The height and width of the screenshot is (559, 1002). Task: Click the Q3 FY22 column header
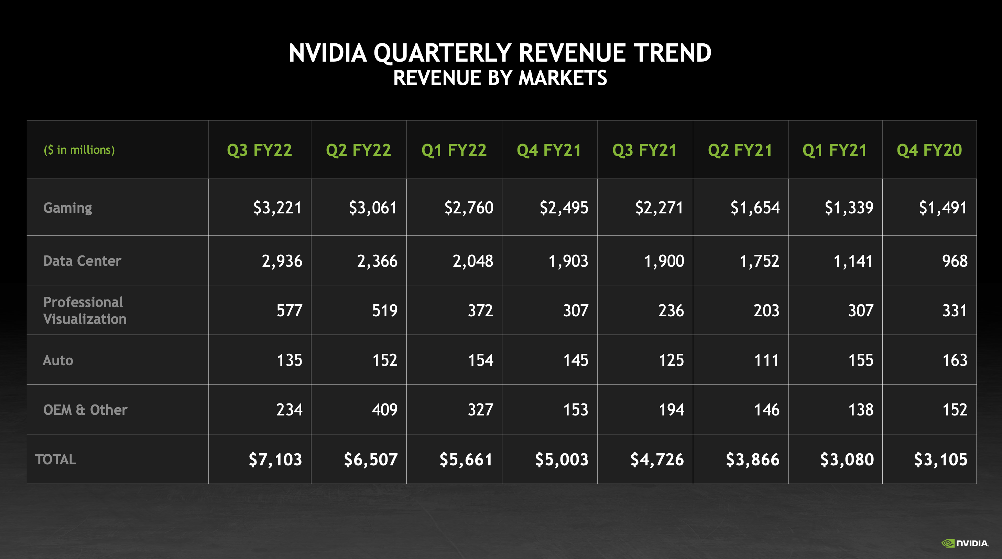pos(260,150)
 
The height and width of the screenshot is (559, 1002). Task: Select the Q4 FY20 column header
pos(929,150)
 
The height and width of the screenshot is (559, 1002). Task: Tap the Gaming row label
pos(68,208)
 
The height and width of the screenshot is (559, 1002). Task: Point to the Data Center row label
pos(82,261)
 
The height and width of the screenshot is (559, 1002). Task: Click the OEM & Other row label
pos(85,410)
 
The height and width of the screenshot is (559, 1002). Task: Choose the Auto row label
pos(58,360)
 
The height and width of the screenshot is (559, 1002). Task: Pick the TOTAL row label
pos(56,459)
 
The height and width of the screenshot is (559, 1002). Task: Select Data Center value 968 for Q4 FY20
pos(954,261)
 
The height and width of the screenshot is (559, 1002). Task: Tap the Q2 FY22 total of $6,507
pos(370,459)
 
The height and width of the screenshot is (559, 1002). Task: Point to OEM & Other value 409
pos(384,410)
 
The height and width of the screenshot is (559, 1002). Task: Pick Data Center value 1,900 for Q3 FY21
pos(664,261)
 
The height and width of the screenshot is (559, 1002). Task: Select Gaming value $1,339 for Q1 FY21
pos(849,208)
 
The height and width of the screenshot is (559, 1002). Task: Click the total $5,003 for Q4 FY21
pos(561,459)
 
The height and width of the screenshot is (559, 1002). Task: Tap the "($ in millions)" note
pos(79,150)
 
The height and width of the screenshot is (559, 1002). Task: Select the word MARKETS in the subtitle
pos(563,78)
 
